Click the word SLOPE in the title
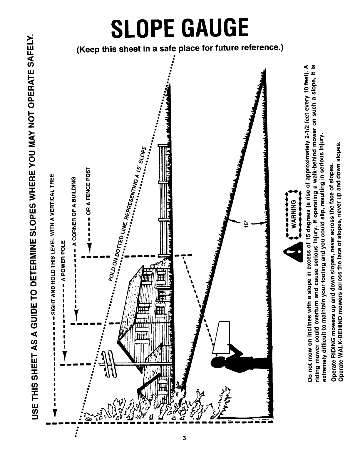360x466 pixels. tap(143, 28)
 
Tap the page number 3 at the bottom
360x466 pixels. tap(184, 438)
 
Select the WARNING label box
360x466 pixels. tap(293, 214)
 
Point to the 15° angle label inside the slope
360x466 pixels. tap(246, 224)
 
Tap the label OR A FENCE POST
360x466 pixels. tap(88, 191)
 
